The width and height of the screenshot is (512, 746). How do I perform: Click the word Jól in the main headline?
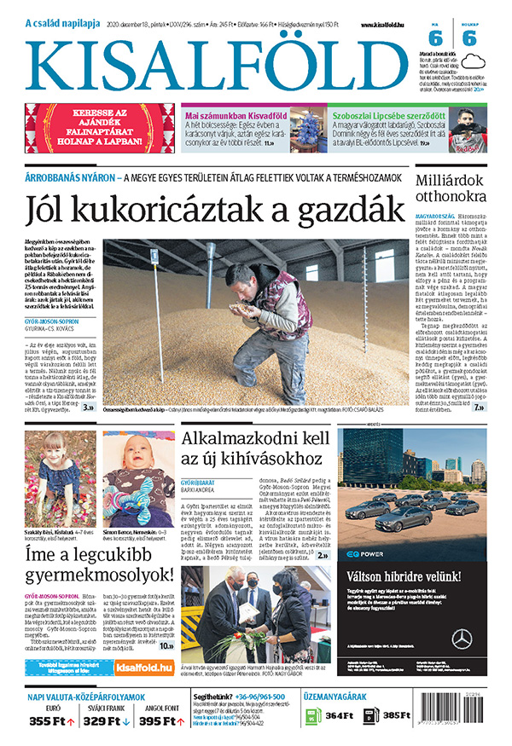tap(55, 209)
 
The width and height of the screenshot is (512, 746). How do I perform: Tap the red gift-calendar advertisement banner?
tap(97, 128)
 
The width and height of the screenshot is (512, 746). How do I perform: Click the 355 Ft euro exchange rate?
tap(49, 721)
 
